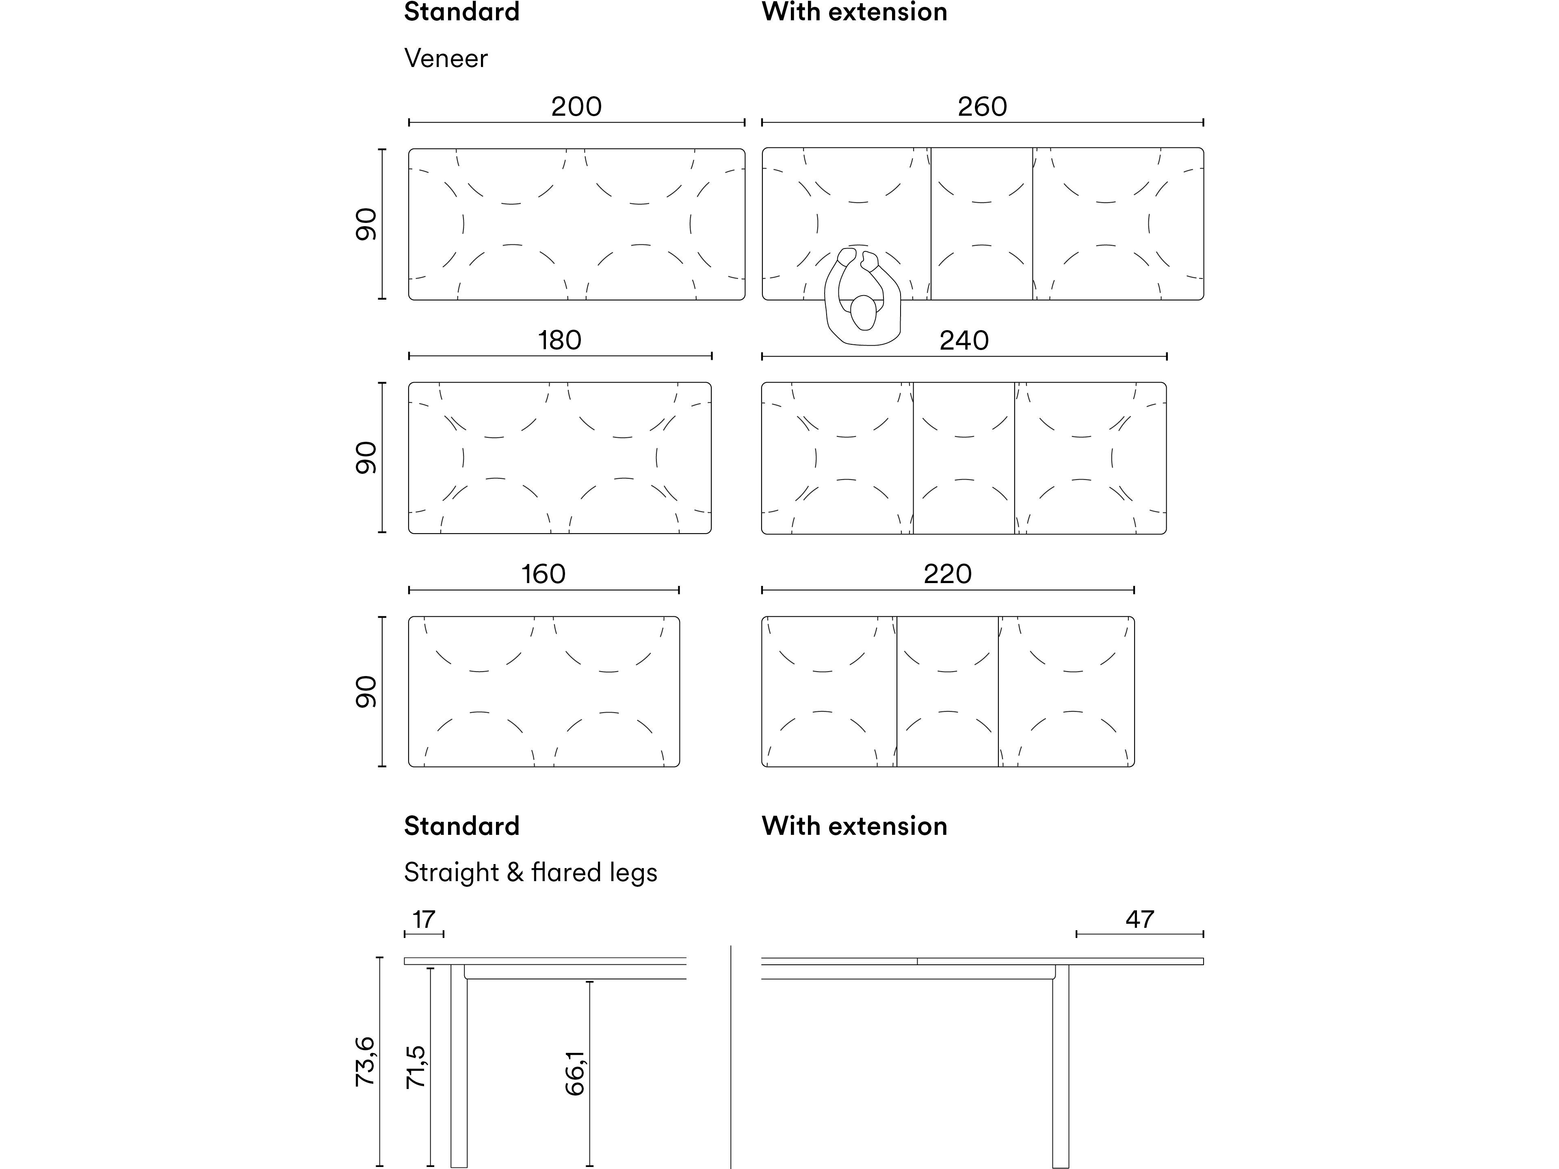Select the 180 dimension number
coord(560,340)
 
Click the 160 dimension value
coord(543,574)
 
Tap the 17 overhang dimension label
coord(424,920)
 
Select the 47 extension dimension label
coord(1140,920)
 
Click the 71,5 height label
coord(416,1067)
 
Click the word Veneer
coord(446,58)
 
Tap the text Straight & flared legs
coord(530,872)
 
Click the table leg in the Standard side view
coord(459,1064)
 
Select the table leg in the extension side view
coord(1060,1064)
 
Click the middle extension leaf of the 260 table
coord(982,224)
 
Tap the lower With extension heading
coord(854,826)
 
